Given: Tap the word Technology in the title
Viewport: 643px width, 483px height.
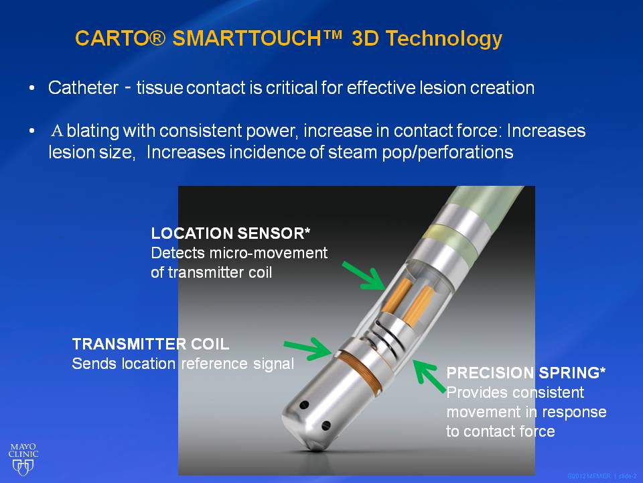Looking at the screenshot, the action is tap(443, 40).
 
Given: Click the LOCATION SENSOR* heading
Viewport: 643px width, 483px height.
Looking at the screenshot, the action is tap(230, 233).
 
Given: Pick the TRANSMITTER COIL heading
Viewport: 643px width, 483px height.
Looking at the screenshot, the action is tap(151, 344).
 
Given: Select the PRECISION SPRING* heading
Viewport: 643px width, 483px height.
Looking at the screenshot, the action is tap(526, 373).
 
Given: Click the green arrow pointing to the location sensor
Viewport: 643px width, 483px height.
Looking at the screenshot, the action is tap(364, 276).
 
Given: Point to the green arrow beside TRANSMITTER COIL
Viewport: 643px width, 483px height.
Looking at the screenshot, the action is tap(308, 349).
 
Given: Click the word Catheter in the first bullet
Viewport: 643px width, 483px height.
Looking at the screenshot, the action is tap(83, 88).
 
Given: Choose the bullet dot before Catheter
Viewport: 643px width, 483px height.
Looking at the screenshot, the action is tap(32, 89).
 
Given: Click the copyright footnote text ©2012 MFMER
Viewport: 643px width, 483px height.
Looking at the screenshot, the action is tap(589, 476).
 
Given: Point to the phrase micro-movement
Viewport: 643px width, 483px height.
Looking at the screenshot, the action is tap(268, 253).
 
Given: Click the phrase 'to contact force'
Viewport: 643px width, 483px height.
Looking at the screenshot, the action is tap(500, 431).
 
